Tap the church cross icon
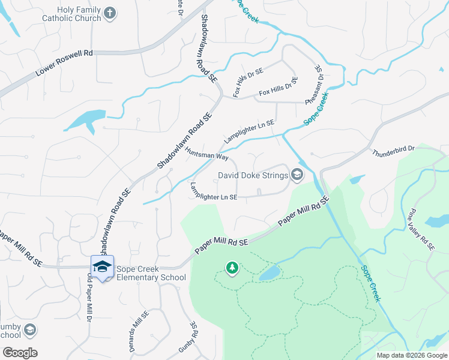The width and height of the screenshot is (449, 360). tap(109, 13)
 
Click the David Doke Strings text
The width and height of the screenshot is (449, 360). tap(252, 176)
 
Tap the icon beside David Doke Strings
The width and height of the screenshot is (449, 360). tap(296, 175)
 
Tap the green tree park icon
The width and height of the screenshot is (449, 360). tap(232, 268)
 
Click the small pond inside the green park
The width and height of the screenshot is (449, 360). tap(270, 274)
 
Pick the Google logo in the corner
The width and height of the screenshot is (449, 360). tap(20, 352)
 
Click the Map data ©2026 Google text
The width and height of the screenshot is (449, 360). tap(411, 355)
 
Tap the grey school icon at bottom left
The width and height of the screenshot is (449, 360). tap(29, 330)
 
